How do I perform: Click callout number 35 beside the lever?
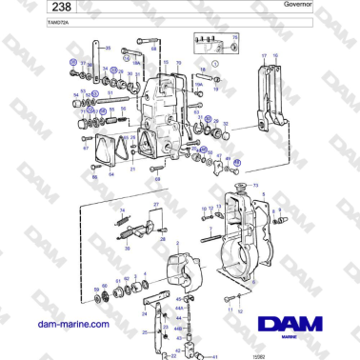tap(107, 48)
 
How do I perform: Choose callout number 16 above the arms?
tap(275, 57)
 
